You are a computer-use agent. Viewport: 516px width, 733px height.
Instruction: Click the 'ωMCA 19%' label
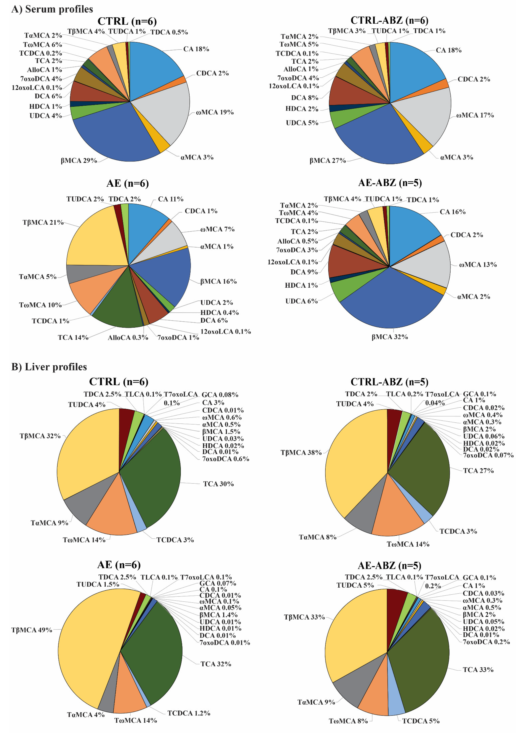(215, 112)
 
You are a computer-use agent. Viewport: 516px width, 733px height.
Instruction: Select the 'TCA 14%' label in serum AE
(73, 337)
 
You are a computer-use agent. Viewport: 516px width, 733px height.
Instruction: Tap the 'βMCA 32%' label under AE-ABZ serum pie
(390, 337)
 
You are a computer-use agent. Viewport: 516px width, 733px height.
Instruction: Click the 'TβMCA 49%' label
(32, 630)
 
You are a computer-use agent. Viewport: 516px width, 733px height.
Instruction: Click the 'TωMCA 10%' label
(40, 305)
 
